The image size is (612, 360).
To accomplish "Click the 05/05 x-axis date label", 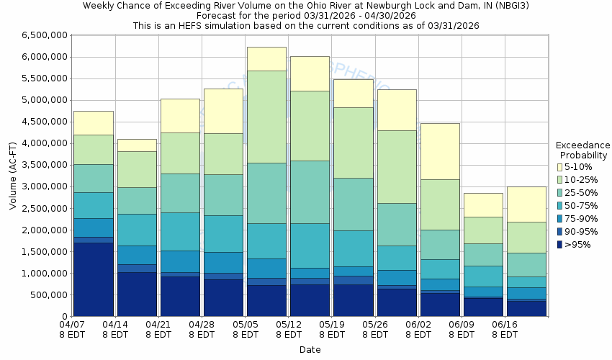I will click(x=246, y=325).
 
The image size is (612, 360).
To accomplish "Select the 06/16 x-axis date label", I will click(x=504, y=325).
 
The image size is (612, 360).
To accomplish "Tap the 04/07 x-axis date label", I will click(x=73, y=325).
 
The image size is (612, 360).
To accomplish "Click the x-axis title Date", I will click(x=310, y=350).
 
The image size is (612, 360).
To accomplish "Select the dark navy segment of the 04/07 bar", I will click(x=94, y=279).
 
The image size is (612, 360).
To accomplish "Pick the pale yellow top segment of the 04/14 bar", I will click(x=138, y=145).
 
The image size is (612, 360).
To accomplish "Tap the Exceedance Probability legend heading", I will click(x=583, y=150).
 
